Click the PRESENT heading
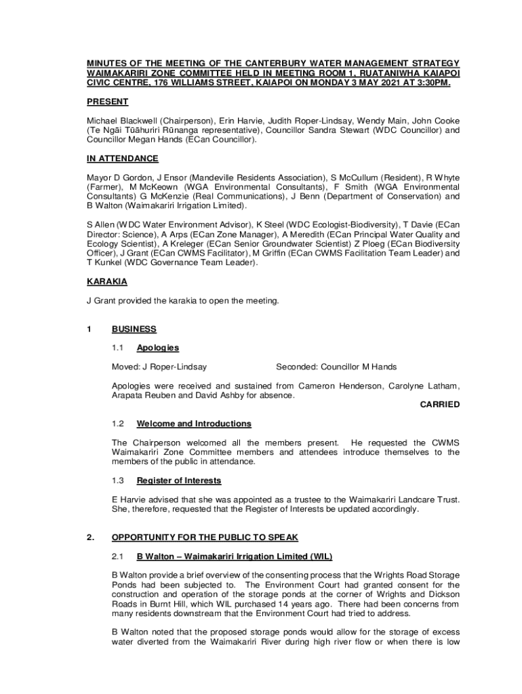coord(107,102)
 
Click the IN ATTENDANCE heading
coord(123,159)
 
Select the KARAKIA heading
coord(106,281)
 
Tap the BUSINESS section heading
coord(134,329)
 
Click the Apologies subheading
coord(158,348)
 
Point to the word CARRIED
coord(440,405)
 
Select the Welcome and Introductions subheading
coord(194,424)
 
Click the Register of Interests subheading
coord(179,481)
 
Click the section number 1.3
coord(118,481)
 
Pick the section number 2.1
coord(118,556)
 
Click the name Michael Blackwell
coord(121,120)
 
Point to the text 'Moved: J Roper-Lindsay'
coord(159,367)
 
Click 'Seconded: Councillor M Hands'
coord(336,367)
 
